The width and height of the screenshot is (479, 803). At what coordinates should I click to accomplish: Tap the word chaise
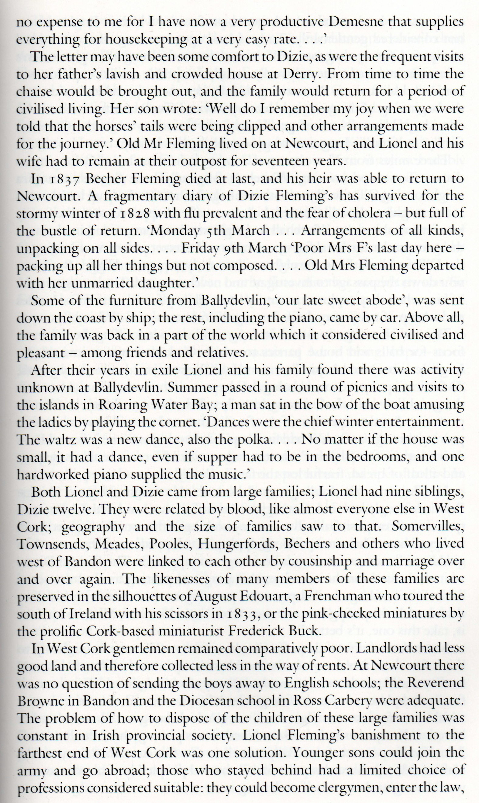[36, 92]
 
